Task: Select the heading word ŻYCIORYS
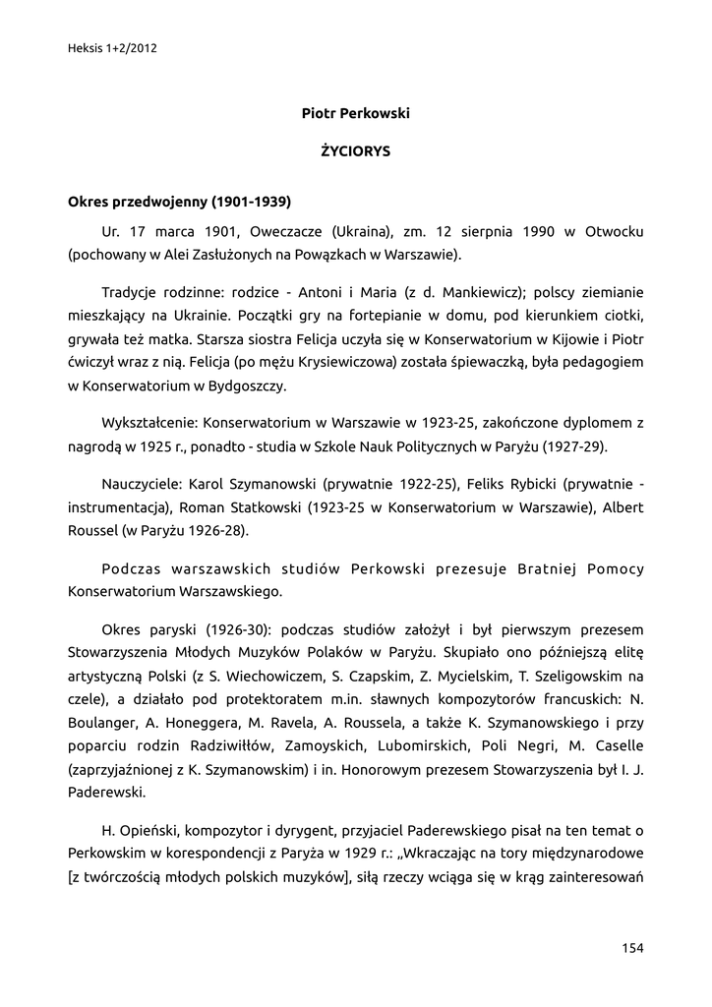point(356,151)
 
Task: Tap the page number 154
point(632,948)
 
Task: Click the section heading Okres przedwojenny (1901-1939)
point(179,203)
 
